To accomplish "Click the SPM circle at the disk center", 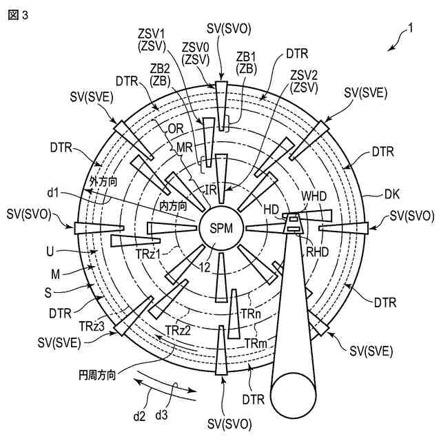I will pyautogui.click(x=220, y=228).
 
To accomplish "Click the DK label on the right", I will pyautogui.click(x=392, y=195).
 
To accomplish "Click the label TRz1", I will pyautogui.click(x=148, y=254).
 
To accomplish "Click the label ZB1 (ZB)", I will pyautogui.click(x=246, y=62).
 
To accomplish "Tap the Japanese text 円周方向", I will pyautogui.click(x=96, y=376).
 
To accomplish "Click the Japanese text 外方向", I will pyautogui.click(x=104, y=181).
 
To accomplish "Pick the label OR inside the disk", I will pyautogui.click(x=176, y=128).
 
